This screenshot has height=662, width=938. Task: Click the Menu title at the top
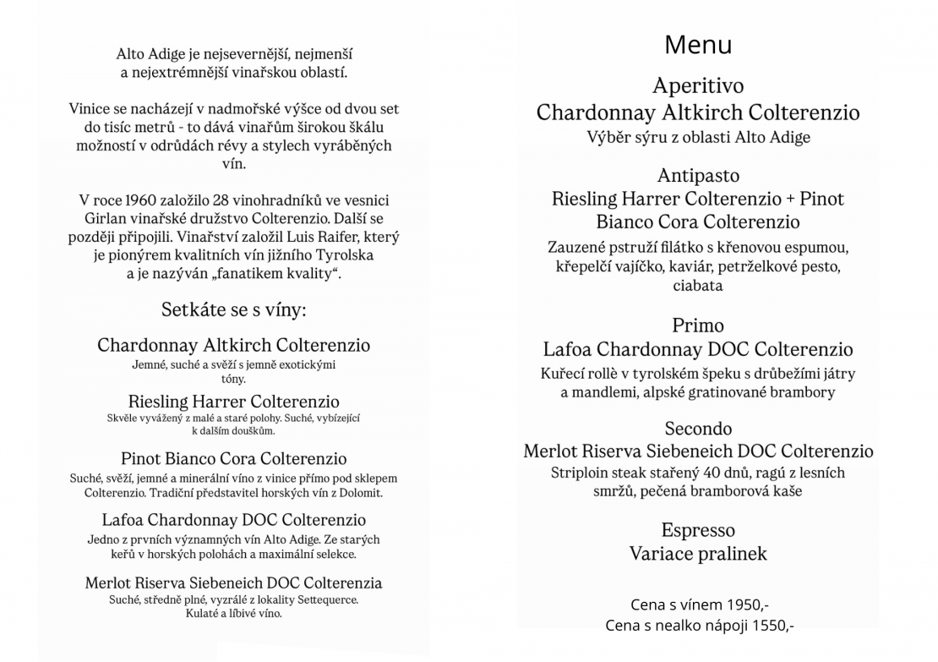[x=698, y=44]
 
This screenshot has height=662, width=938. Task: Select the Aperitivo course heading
[x=698, y=85]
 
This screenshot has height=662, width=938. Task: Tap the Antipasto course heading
[x=698, y=176]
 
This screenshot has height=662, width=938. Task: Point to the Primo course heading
[x=698, y=326]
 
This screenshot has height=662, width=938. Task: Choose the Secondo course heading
[x=698, y=429]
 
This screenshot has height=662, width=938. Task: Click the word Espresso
[x=698, y=530]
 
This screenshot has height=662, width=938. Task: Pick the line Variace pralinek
[x=698, y=554]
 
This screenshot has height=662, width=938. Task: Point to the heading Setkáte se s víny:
[x=234, y=310]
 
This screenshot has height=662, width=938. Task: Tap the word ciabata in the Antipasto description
[x=698, y=286]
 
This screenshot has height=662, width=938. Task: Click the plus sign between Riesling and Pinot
[x=789, y=200]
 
